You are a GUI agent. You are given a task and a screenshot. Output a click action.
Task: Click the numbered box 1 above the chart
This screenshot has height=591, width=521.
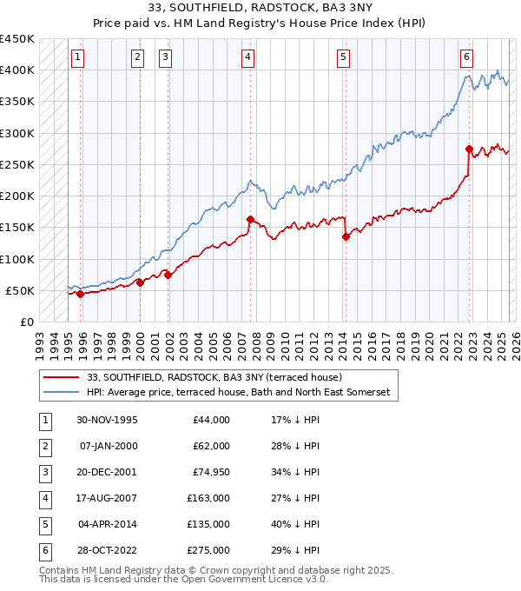pyautogui.click(x=78, y=57)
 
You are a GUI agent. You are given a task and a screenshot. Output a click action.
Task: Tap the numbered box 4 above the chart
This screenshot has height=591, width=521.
pyautogui.click(x=248, y=57)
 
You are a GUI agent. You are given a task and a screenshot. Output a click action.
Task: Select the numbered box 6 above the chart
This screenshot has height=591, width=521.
pyautogui.click(x=466, y=57)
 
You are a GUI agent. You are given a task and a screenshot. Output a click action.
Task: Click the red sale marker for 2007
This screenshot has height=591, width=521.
pyautogui.click(x=250, y=219)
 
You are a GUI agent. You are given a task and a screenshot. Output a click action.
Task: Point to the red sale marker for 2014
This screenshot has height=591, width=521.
pyautogui.click(x=346, y=236)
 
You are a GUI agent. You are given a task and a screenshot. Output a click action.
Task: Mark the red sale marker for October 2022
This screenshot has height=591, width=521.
pyautogui.click(x=469, y=149)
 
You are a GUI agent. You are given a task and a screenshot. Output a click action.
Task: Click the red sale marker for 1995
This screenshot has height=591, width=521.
pyautogui.click(x=81, y=294)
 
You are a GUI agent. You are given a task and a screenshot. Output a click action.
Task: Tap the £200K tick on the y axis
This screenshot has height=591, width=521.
pyautogui.click(x=17, y=196)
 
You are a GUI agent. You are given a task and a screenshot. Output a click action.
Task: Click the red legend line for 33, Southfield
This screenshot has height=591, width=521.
pyautogui.click(x=61, y=378)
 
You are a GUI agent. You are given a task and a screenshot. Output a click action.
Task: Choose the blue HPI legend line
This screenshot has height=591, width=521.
pyautogui.click(x=61, y=393)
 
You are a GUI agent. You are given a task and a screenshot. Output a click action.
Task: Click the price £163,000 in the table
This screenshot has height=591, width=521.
pyautogui.click(x=209, y=498)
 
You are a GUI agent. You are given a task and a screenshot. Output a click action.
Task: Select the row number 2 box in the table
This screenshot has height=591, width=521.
pyautogui.click(x=43, y=446)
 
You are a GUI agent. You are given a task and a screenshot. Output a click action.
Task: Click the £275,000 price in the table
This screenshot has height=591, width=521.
pyautogui.click(x=209, y=550)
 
